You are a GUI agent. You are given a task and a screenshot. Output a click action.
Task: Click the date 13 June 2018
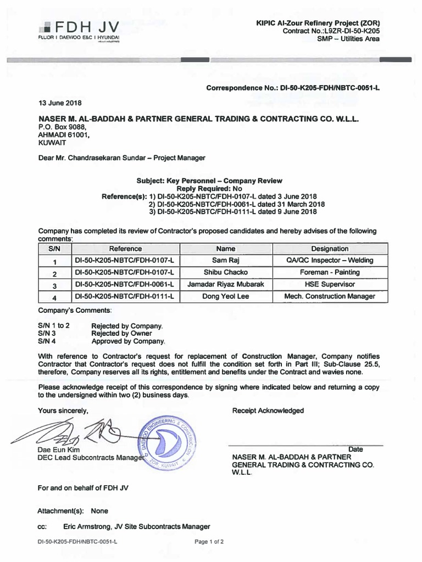coord(59,103)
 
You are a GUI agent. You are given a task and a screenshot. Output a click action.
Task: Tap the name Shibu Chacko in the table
coord(225,272)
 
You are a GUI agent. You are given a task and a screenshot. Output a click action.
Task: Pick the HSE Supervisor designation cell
coord(330,284)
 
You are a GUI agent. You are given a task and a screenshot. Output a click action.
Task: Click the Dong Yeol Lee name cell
coord(225,296)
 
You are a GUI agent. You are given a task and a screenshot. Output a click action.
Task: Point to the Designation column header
coord(330,249)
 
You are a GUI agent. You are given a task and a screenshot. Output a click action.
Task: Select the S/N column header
coord(54,249)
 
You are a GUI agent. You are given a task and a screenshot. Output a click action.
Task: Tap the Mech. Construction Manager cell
coord(330,296)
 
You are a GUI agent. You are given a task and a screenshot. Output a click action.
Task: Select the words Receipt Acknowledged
coord(268,411)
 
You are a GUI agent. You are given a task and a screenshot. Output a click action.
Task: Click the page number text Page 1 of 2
coord(209,542)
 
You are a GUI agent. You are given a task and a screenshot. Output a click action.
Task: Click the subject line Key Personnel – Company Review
coord(209,181)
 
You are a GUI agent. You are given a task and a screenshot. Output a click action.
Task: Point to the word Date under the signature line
coord(356,449)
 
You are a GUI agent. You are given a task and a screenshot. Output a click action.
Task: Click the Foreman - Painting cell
coord(330,272)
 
